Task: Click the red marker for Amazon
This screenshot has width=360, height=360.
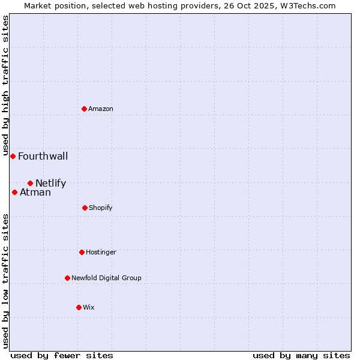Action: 85,109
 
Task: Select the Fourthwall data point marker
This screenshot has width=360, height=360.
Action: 13,156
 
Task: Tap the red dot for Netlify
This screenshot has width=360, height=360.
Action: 30,183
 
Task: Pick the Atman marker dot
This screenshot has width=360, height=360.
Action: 14,192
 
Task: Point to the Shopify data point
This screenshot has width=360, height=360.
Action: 85,208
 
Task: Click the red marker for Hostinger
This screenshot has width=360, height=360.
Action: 82,252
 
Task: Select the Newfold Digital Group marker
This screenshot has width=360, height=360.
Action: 67,278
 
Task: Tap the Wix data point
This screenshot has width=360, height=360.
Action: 79,307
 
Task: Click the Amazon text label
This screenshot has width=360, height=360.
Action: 101,109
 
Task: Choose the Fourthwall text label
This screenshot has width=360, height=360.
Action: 43,157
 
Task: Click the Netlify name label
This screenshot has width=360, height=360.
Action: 50,184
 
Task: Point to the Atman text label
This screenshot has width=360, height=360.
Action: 35,193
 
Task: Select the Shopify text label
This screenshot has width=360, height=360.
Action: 101,208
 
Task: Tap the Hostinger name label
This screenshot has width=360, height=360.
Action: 101,252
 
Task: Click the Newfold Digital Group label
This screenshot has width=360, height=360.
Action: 106,278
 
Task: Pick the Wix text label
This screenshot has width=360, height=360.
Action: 89,307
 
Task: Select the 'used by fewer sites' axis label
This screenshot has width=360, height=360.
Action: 62,355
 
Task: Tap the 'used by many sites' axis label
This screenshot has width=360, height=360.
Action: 301,355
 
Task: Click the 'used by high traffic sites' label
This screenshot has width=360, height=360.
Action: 5,85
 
